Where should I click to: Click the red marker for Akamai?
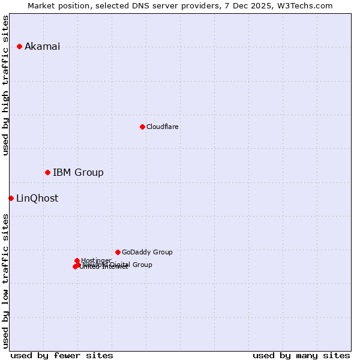point(19,46)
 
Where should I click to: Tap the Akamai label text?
point(42,47)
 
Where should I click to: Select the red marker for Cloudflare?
point(142,127)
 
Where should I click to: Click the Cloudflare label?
point(163,127)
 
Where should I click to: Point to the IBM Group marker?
point(47,172)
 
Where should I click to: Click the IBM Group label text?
point(78,173)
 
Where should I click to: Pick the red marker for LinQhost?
point(11,198)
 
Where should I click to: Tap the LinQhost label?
point(37,199)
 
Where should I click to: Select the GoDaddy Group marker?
point(118,252)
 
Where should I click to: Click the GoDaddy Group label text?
point(147,253)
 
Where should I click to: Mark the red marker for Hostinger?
point(77,260)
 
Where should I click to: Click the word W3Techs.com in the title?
point(306,6)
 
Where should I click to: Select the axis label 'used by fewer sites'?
point(62,355)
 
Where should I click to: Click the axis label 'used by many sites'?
point(301,355)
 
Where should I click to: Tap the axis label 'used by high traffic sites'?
point(6,86)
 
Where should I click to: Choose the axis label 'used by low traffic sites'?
point(6,280)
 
